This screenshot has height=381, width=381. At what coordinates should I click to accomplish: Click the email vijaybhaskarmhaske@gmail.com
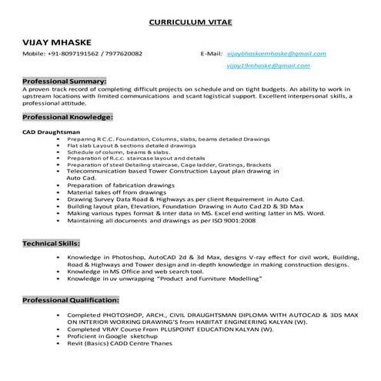pos(277,54)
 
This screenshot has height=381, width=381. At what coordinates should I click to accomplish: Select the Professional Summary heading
pos(65,81)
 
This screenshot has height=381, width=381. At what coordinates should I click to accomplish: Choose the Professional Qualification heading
pos(73,299)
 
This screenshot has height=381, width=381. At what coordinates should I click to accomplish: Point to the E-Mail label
pos(211,55)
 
